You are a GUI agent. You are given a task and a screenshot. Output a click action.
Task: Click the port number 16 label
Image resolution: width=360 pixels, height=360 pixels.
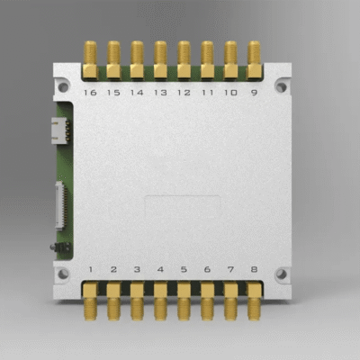coord(90,93)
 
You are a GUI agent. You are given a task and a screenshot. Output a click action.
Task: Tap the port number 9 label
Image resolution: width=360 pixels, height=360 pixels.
coord(254,93)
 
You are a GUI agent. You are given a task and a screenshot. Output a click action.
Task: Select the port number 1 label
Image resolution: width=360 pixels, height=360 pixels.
coord(90,269)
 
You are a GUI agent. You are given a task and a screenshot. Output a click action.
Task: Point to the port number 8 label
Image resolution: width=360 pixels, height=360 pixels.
coord(254,269)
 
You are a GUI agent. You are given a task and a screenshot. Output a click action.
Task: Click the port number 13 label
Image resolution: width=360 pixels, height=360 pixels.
coord(160,93)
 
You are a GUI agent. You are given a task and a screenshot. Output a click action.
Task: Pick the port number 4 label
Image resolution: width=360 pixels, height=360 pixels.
coord(160,269)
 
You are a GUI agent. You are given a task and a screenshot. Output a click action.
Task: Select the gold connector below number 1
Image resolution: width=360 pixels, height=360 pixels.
coord(90,301)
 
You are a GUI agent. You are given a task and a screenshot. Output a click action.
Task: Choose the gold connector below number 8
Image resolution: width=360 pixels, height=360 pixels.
coord(254,301)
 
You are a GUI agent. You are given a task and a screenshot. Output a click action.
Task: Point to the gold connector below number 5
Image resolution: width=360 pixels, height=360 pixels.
coord(184,301)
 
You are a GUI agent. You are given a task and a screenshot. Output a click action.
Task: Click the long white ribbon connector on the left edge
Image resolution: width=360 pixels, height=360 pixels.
coord(59,204)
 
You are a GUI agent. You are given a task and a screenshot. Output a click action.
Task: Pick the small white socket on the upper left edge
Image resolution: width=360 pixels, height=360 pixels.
coord(61,130)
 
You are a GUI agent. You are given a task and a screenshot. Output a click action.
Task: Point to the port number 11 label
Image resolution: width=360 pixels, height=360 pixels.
coord(207,93)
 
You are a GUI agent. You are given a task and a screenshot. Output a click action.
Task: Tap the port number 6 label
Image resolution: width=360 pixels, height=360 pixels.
coord(207,269)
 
